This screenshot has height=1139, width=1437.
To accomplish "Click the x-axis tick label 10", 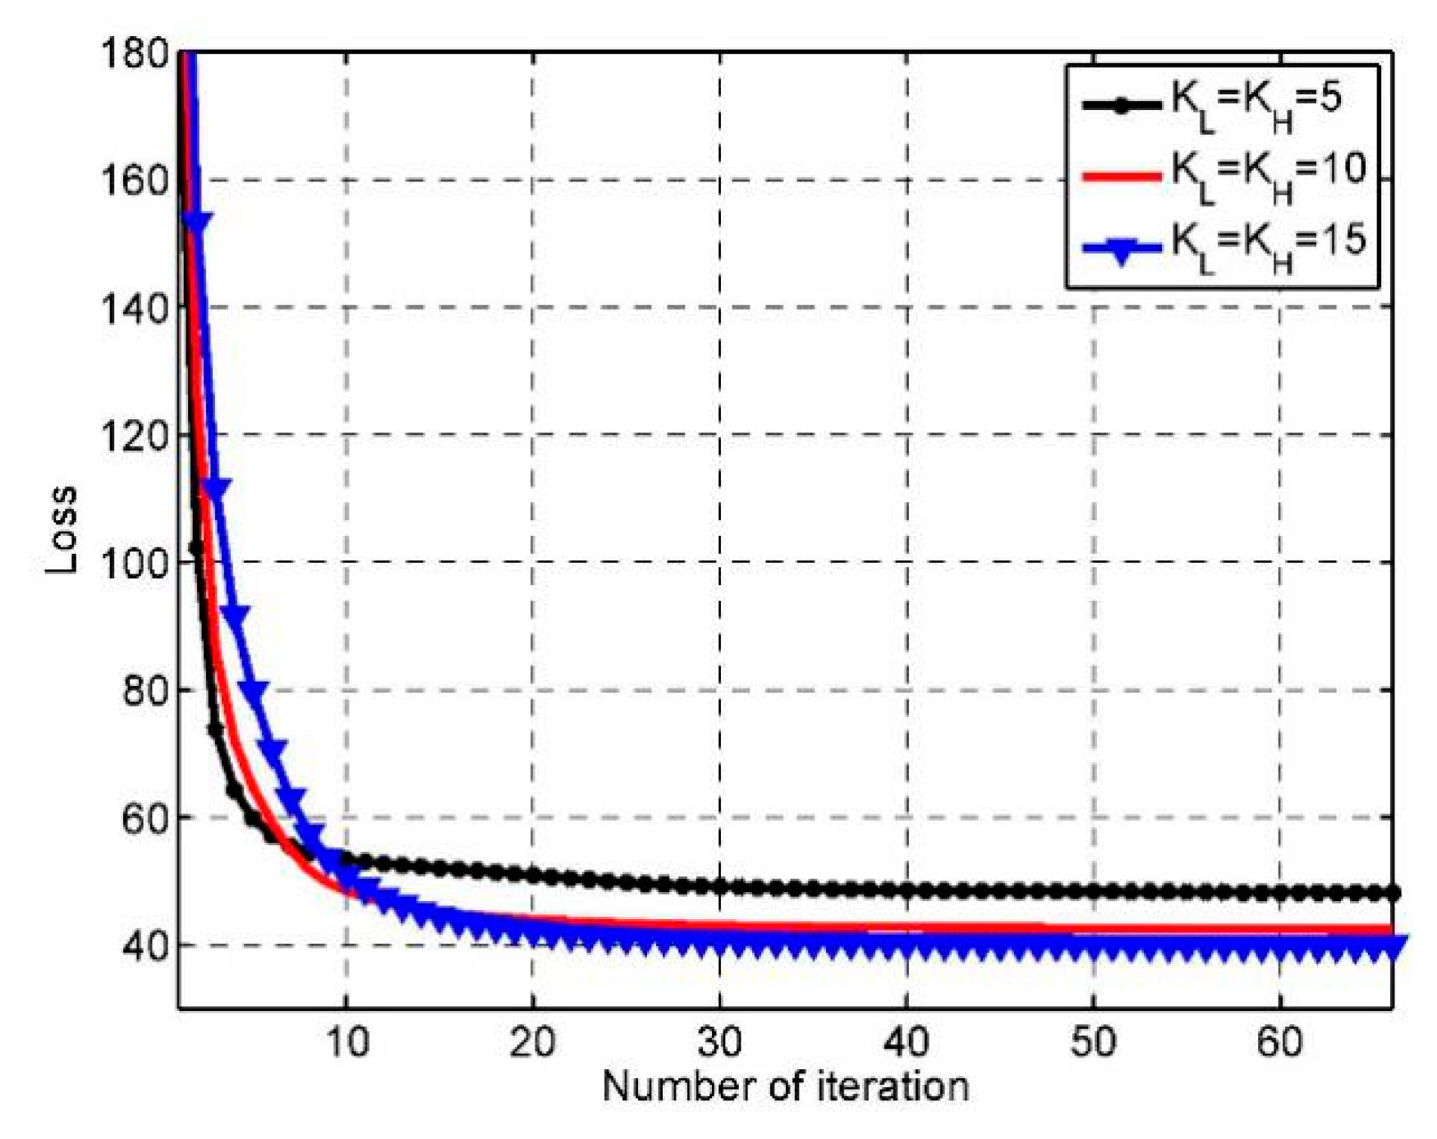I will pyautogui.click(x=347, y=1042).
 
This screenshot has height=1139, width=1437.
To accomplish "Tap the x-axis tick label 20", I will pyautogui.click(x=533, y=1042).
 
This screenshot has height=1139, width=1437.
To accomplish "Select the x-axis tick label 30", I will pyautogui.click(x=720, y=1042).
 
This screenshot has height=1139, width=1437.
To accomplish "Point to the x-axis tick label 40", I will pyautogui.click(x=907, y=1042).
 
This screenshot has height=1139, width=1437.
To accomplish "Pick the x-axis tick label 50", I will pyautogui.click(x=1094, y=1042).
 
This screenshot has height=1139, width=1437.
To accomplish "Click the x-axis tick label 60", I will pyautogui.click(x=1280, y=1042).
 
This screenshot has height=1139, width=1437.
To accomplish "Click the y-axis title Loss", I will pyautogui.click(x=62, y=530).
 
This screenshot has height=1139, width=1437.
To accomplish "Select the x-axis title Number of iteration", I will pyautogui.click(x=786, y=1086).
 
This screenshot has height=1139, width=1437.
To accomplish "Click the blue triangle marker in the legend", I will pyautogui.click(x=1122, y=250).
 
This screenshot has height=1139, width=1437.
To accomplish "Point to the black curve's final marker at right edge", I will pyautogui.click(x=1392, y=893).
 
